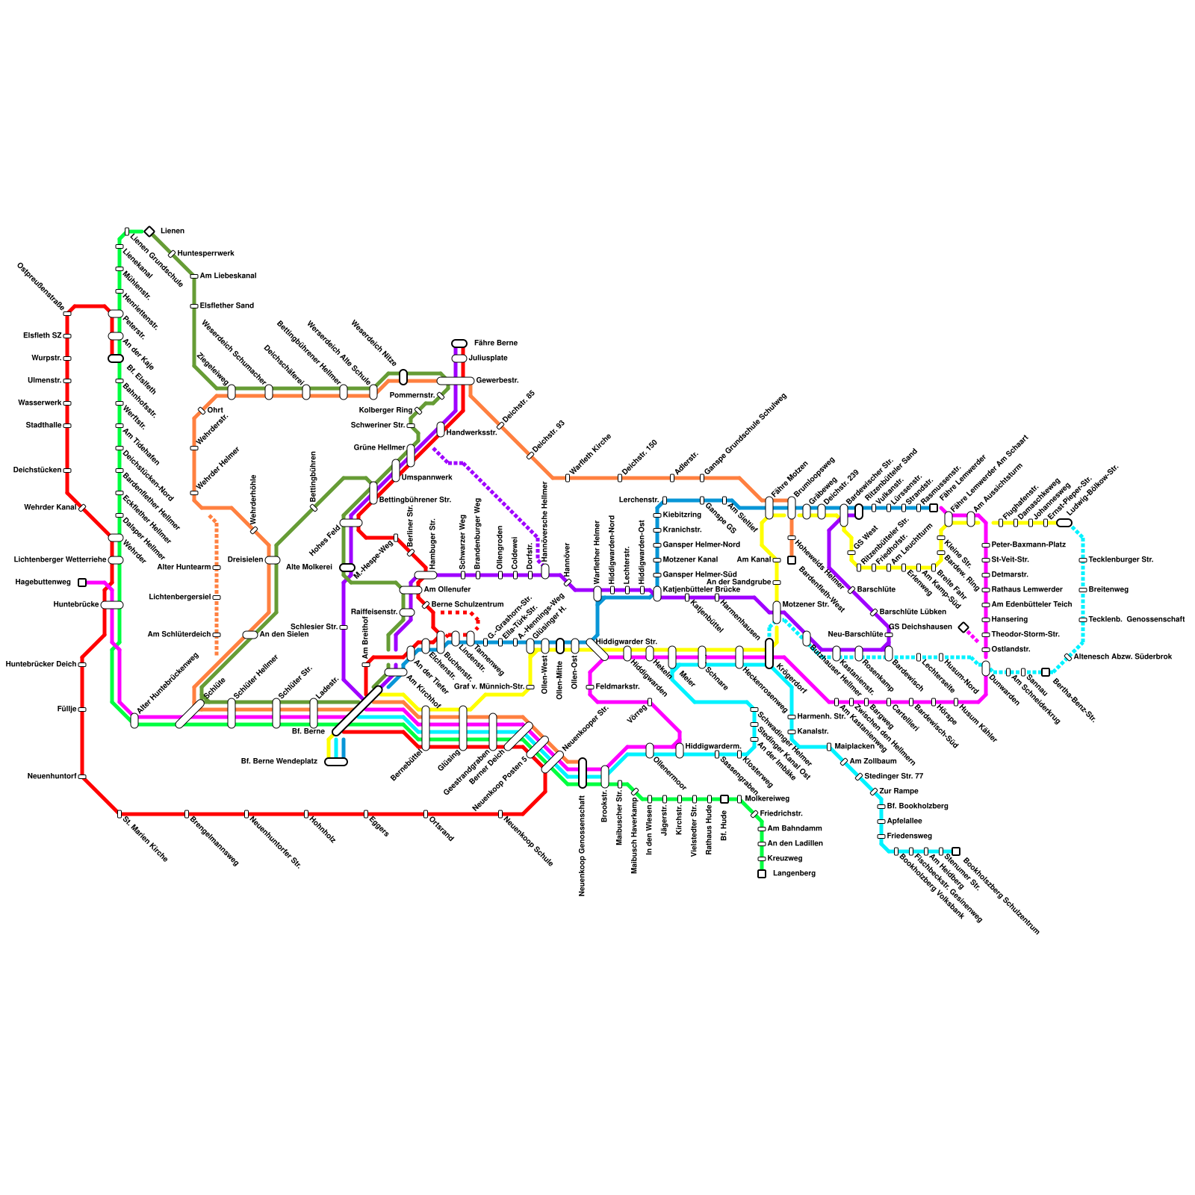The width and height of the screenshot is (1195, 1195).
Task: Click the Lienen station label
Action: tap(173, 232)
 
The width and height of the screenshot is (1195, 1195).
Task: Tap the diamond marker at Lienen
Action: tap(149, 232)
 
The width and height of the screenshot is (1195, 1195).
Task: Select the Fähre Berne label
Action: tap(495, 344)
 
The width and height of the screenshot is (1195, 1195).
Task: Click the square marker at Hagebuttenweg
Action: tap(82, 583)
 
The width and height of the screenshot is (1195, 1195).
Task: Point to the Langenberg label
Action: tap(794, 874)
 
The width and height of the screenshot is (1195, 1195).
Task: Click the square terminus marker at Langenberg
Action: tap(762, 874)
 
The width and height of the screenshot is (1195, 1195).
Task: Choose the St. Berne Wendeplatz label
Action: tap(279, 762)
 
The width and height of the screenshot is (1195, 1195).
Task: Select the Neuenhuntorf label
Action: tap(52, 777)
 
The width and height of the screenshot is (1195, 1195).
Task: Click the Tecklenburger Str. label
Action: tap(1120, 560)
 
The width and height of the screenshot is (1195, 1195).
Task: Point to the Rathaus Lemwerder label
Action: tap(1027, 590)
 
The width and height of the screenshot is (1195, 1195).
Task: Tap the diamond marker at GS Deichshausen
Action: tap(963, 627)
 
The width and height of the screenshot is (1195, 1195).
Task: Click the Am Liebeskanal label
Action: tap(228, 276)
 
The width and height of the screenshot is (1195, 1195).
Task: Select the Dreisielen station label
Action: tap(245, 560)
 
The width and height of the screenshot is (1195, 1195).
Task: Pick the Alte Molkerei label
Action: tap(308, 568)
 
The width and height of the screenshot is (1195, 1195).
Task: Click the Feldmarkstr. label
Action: tap(618, 686)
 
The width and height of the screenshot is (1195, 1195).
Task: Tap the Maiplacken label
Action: tap(854, 747)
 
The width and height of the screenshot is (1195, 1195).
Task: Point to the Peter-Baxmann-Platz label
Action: tap(1028, 545)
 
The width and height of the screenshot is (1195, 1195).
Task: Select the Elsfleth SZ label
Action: tap(42, 336)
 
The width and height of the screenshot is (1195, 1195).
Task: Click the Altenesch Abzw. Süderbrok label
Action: tap(1123, 657)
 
